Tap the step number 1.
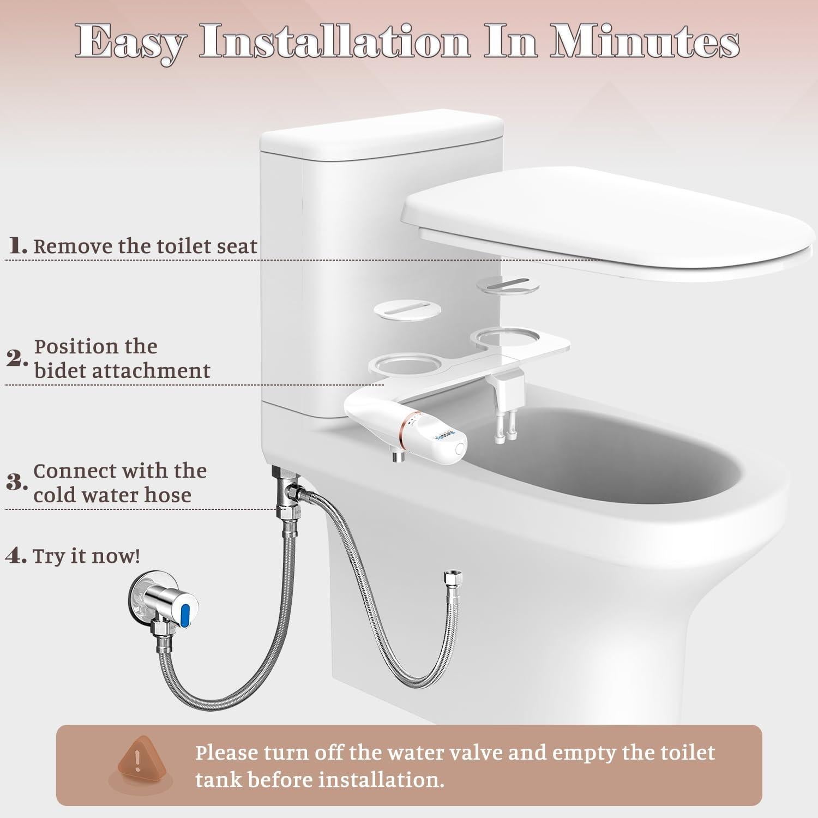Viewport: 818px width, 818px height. (18, 246)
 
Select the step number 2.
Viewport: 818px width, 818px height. (17, 359)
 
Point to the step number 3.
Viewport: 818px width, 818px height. (17, 483)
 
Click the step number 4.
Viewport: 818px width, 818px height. (16, 556)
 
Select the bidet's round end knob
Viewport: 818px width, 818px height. (459, 448)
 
